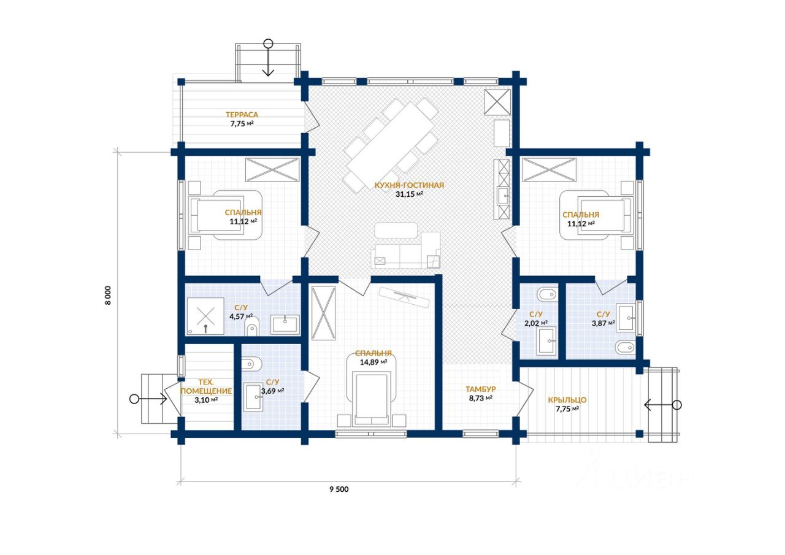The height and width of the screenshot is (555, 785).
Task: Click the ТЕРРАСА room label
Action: [x=242, y=115]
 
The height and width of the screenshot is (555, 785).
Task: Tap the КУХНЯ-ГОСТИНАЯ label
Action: [x=409, y=185]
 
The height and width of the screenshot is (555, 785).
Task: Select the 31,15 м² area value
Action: [x=409, y=194]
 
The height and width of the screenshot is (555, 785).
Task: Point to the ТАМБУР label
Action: [x=480, y=389]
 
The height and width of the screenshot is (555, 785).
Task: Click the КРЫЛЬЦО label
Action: [x=567, y=400]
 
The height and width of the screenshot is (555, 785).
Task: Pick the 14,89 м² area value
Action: [x=373, y=362]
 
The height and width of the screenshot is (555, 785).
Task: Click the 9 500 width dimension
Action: [x=339, y=489]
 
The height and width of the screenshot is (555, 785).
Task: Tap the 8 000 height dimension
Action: [x=107, y=296]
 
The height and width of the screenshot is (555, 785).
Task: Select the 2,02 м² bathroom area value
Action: [x=536, y=323]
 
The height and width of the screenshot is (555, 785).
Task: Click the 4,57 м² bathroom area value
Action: [x=241, y=316]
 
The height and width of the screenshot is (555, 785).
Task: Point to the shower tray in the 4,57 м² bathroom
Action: [x=205, y=316]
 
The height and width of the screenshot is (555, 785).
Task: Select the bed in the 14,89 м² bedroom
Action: [x=371, y=400]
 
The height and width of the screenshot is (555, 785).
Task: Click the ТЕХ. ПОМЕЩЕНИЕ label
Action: [x=206, y=386]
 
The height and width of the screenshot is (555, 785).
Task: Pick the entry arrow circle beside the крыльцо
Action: [x=677, y=405]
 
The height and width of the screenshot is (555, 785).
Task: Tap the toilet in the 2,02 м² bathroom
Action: [x=547, y=294]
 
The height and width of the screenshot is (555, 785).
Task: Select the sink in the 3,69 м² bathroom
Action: [x=254, y=397]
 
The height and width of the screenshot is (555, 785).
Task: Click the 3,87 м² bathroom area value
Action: [x=603, y=323]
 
